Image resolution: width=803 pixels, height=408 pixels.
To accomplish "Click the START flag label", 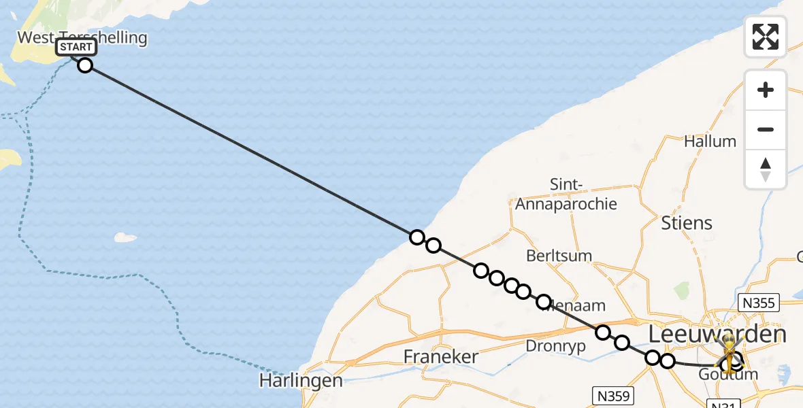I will [x=76, y=47].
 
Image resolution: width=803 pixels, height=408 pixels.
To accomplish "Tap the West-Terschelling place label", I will [x=82, y=37].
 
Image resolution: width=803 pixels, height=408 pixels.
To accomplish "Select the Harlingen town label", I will [x=300, y=380].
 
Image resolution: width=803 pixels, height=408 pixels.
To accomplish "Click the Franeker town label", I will [x=440, y=356].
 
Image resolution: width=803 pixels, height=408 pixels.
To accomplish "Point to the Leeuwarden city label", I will [x=717, y=334].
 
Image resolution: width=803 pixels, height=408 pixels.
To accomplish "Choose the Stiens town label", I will [x=687, y=222].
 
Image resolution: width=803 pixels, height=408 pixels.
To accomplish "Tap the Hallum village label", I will [x=710, y=141].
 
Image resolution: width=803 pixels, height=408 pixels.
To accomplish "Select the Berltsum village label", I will [x=559, y=256].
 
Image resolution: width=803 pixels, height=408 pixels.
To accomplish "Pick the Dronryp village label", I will [x=555, y=345].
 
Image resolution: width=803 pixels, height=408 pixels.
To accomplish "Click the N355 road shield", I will [x=759, y=303].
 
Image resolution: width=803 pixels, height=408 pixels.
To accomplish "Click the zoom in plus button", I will [x=766, y=90].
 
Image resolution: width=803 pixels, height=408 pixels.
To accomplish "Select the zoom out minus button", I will [x=766, y=129].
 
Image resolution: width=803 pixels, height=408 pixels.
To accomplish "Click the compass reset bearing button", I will [x=766, y=169].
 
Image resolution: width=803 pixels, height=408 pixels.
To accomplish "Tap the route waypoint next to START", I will [x=85, y=65].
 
